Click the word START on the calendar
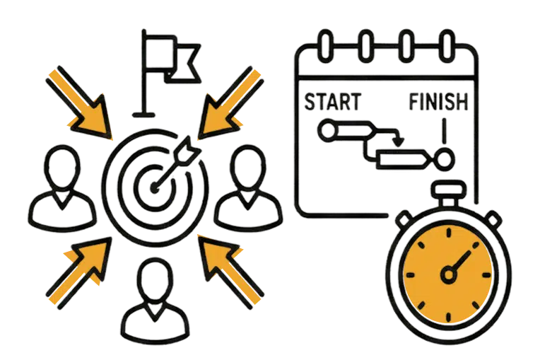coord(333,102)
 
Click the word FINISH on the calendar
coord(438,102)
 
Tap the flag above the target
coord(171,59)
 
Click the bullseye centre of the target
coord(154,188)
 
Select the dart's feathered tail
coord(187,151)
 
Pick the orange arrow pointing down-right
coord(80,103)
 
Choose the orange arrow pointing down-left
coord(230,103)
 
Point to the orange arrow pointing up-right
coord(80,272)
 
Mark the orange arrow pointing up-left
coord(230,272)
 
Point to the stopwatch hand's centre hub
coord(449,274)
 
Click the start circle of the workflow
coord(327,131)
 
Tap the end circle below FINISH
coord(445,160)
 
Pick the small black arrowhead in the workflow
coord(399,142)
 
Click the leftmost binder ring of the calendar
coord(325,46)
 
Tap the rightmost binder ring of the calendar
coord(447,46)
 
